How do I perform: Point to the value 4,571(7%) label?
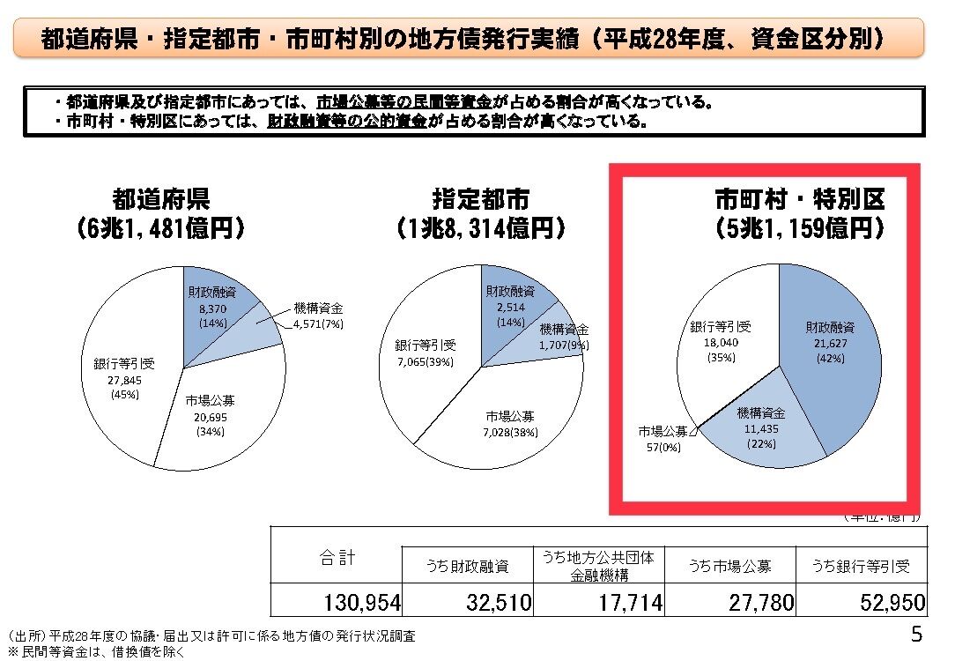coord(317,324)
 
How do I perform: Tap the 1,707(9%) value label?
coord(565,345)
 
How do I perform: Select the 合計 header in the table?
coord(337,557)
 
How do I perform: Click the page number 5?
coord(917,635)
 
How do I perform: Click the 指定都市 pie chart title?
coord(481,199)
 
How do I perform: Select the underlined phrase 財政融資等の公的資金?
coord(346,122)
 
